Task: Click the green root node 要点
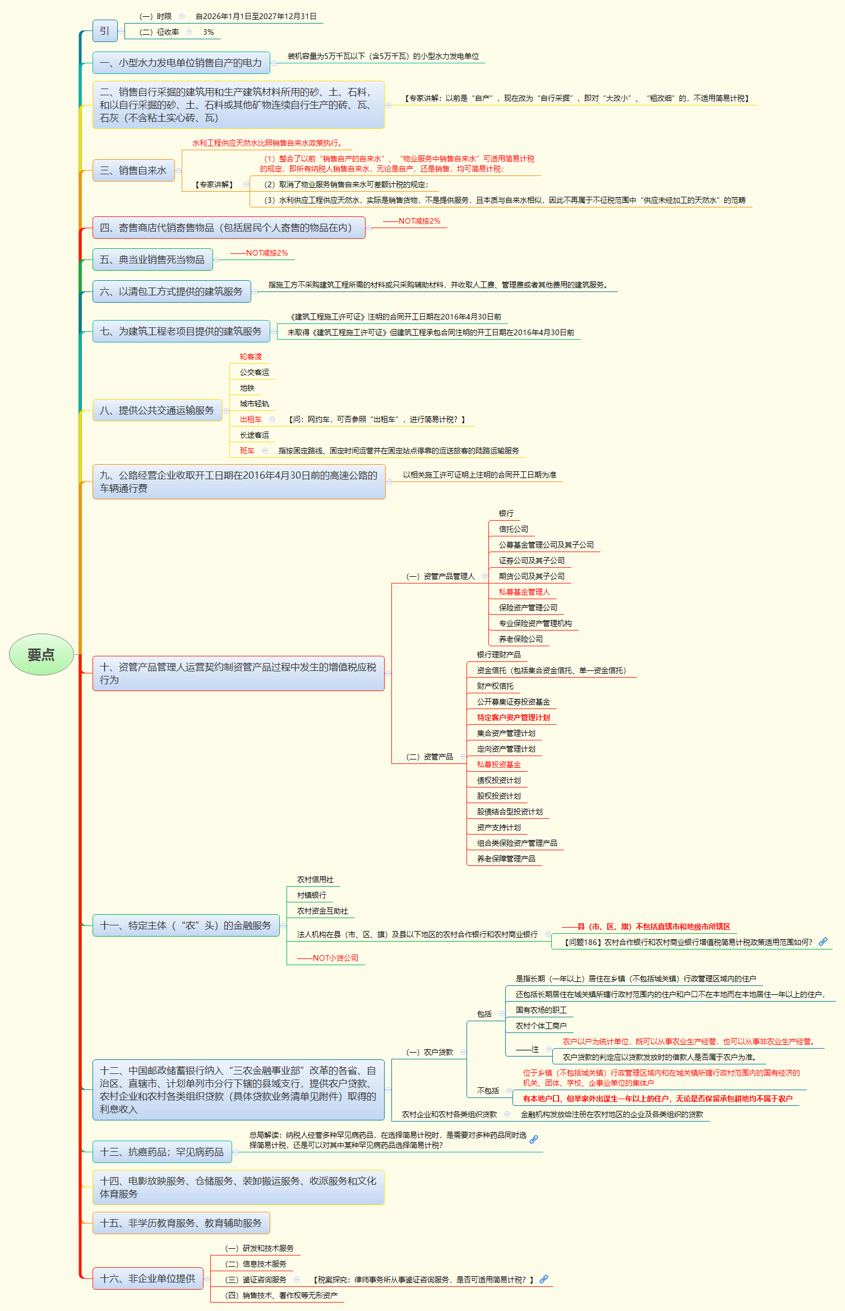[41, 655]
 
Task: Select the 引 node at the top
[105, 31]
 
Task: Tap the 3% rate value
[209, 33]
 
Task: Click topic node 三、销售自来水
[133, 170]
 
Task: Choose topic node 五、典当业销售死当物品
[153, 260]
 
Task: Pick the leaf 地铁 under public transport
[247, 388]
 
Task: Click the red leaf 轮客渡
[251, 356]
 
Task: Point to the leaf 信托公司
[514, 529]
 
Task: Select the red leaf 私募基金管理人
[524, 592]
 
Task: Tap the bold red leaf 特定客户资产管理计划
[514, 717]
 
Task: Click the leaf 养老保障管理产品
[506, 859]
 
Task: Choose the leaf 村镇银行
[312, 895]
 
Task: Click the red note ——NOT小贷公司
[328, 958]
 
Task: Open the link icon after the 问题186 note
[823, 942]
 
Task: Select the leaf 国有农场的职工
[541, 1010]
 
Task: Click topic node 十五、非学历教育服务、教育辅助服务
[181, 1223]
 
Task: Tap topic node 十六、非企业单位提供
[148, 1278]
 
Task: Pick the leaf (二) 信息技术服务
[256, 1264]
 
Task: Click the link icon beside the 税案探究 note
[544, 1279]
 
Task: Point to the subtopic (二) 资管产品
[430, 757]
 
